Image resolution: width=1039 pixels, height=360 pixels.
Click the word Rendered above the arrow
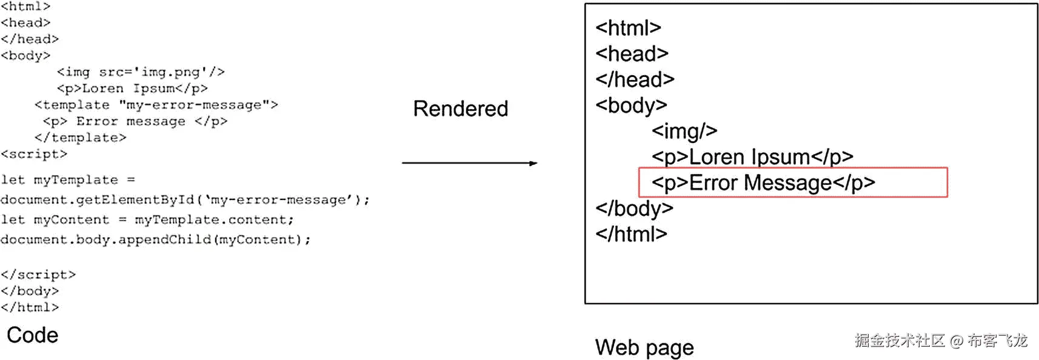(x=460, y=109)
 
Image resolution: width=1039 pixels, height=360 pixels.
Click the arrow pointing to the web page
(x=469, y=163)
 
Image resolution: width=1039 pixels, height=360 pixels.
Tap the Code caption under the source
(x=33, y=335)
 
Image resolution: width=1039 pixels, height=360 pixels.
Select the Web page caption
(x=644, y=348)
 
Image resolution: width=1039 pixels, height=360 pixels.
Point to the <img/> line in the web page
(x=684, y=131)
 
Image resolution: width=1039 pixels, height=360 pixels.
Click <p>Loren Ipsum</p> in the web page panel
(x=752, y=157)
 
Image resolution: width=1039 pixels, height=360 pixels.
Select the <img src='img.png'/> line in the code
(x=141, y=72)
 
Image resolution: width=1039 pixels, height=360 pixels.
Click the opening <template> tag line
(x=156, y=105)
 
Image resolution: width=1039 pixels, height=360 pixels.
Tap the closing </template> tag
(x=80, y=138)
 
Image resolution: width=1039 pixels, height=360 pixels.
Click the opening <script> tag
(x=34, y=154)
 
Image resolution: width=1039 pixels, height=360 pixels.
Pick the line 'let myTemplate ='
(x=68, y=180)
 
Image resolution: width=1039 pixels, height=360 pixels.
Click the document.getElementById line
(x=184, y=200)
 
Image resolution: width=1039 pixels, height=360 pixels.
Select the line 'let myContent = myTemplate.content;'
(x=147, y=220)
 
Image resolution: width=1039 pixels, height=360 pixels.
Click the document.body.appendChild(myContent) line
(x=155, y=240)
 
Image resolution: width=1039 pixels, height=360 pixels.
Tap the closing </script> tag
(x=38, y=275)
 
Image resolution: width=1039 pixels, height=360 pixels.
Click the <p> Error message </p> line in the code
(x=135, y=121)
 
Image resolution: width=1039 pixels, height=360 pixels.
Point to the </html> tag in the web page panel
(x=631, y=234)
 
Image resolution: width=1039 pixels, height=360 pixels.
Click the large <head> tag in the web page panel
(x=632, y=54)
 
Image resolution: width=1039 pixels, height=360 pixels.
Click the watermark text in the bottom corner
(x=941, y=341)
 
